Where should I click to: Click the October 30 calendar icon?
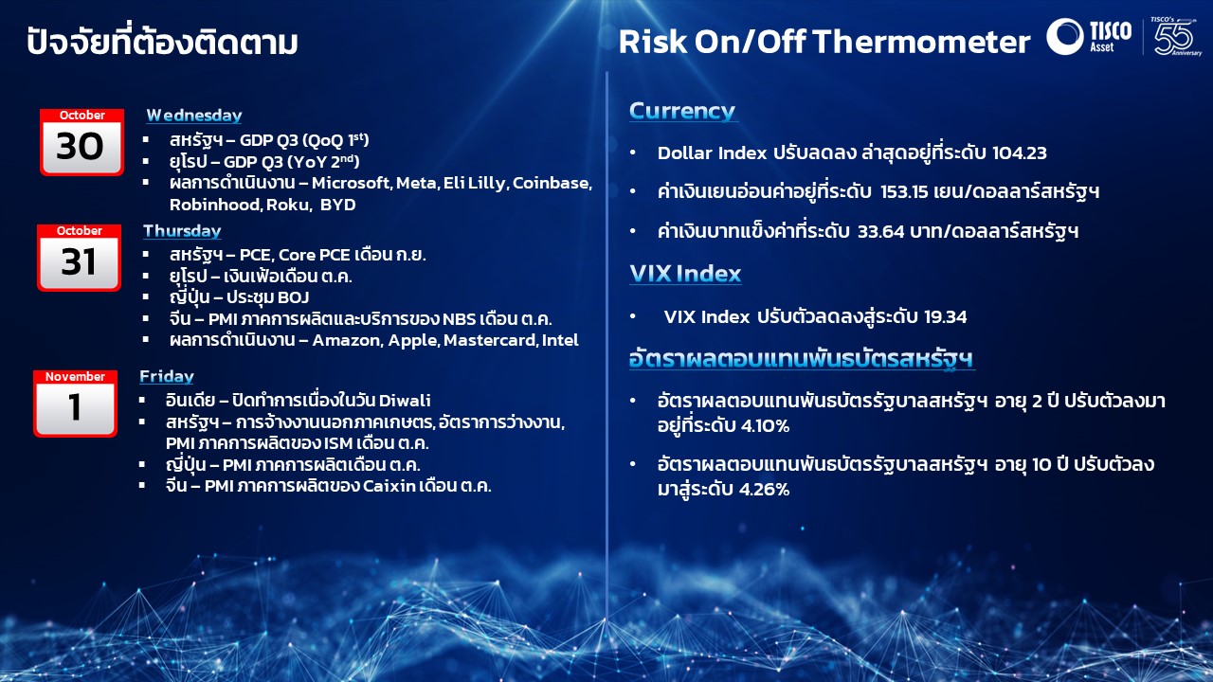tap(81, 142)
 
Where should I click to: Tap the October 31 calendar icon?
tap(79, 258)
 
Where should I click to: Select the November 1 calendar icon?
tap(75, 404)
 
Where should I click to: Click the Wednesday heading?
tap(194, 116)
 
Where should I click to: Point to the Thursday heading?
tap(182, 231)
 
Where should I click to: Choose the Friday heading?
tap(166, 376)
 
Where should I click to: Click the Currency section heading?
tap(681, 111)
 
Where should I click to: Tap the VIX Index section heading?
tap(685, 274)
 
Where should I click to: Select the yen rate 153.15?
tap(904, 192)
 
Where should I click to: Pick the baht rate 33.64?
tap(881, 232)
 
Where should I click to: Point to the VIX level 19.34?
tap(945, 316)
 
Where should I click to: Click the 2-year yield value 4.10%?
tap(765, 426)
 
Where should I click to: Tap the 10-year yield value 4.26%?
tap(764, 490)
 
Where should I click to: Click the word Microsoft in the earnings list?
tap(352, 183)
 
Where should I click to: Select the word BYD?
tap(338, 205)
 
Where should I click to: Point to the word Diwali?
tap(405, 401)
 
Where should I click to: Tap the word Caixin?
tap(389, 486)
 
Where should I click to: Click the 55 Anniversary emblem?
tap(1175, 36)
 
